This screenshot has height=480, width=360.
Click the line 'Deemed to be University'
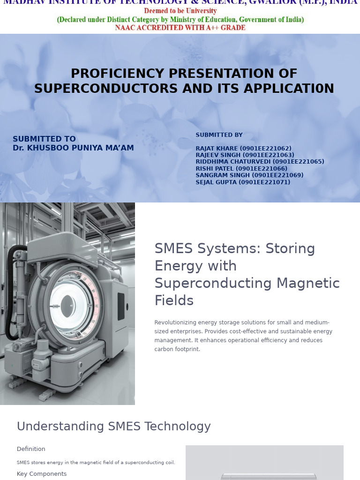click(x=180, y=11)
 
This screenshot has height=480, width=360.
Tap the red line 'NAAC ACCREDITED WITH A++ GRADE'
click(x=180, y=28)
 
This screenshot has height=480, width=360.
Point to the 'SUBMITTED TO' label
click(x=44, y=139)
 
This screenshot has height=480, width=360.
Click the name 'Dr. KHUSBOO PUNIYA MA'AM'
click(x=73, y=148)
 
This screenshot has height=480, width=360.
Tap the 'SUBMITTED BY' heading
click(x=219, y=135)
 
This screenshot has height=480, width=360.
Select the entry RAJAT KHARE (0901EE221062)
click(x=243, y=149)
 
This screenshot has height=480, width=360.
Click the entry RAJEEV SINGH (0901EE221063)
click(x=245, y=155)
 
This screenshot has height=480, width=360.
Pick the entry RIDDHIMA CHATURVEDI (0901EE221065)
click(x=260, y=162)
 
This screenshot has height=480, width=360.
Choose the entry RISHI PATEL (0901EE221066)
click(x=241, y=169)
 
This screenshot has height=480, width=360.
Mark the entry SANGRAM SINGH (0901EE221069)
click(x=249, y=175)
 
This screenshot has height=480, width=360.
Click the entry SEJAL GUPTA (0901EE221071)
click(x=243, y=182)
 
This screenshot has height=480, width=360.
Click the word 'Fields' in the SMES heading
click(x=174, y=300)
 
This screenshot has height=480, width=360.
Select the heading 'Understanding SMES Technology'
click(x=114, y=427)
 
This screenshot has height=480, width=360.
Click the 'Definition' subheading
click(x=31, y=449)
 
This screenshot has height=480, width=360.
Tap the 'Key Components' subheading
click(x=42, y=474)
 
